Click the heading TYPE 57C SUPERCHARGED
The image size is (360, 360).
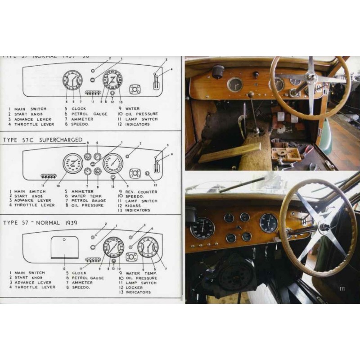[x=43, y=140]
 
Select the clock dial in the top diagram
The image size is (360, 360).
[x=72, y=81]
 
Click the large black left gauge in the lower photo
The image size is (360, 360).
[x=202, y=228]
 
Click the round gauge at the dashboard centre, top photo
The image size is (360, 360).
[x=234, y=84]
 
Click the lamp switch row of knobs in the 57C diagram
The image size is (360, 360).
[x=48, y=176]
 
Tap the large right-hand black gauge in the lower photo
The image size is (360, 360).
[x=269, y=223]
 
